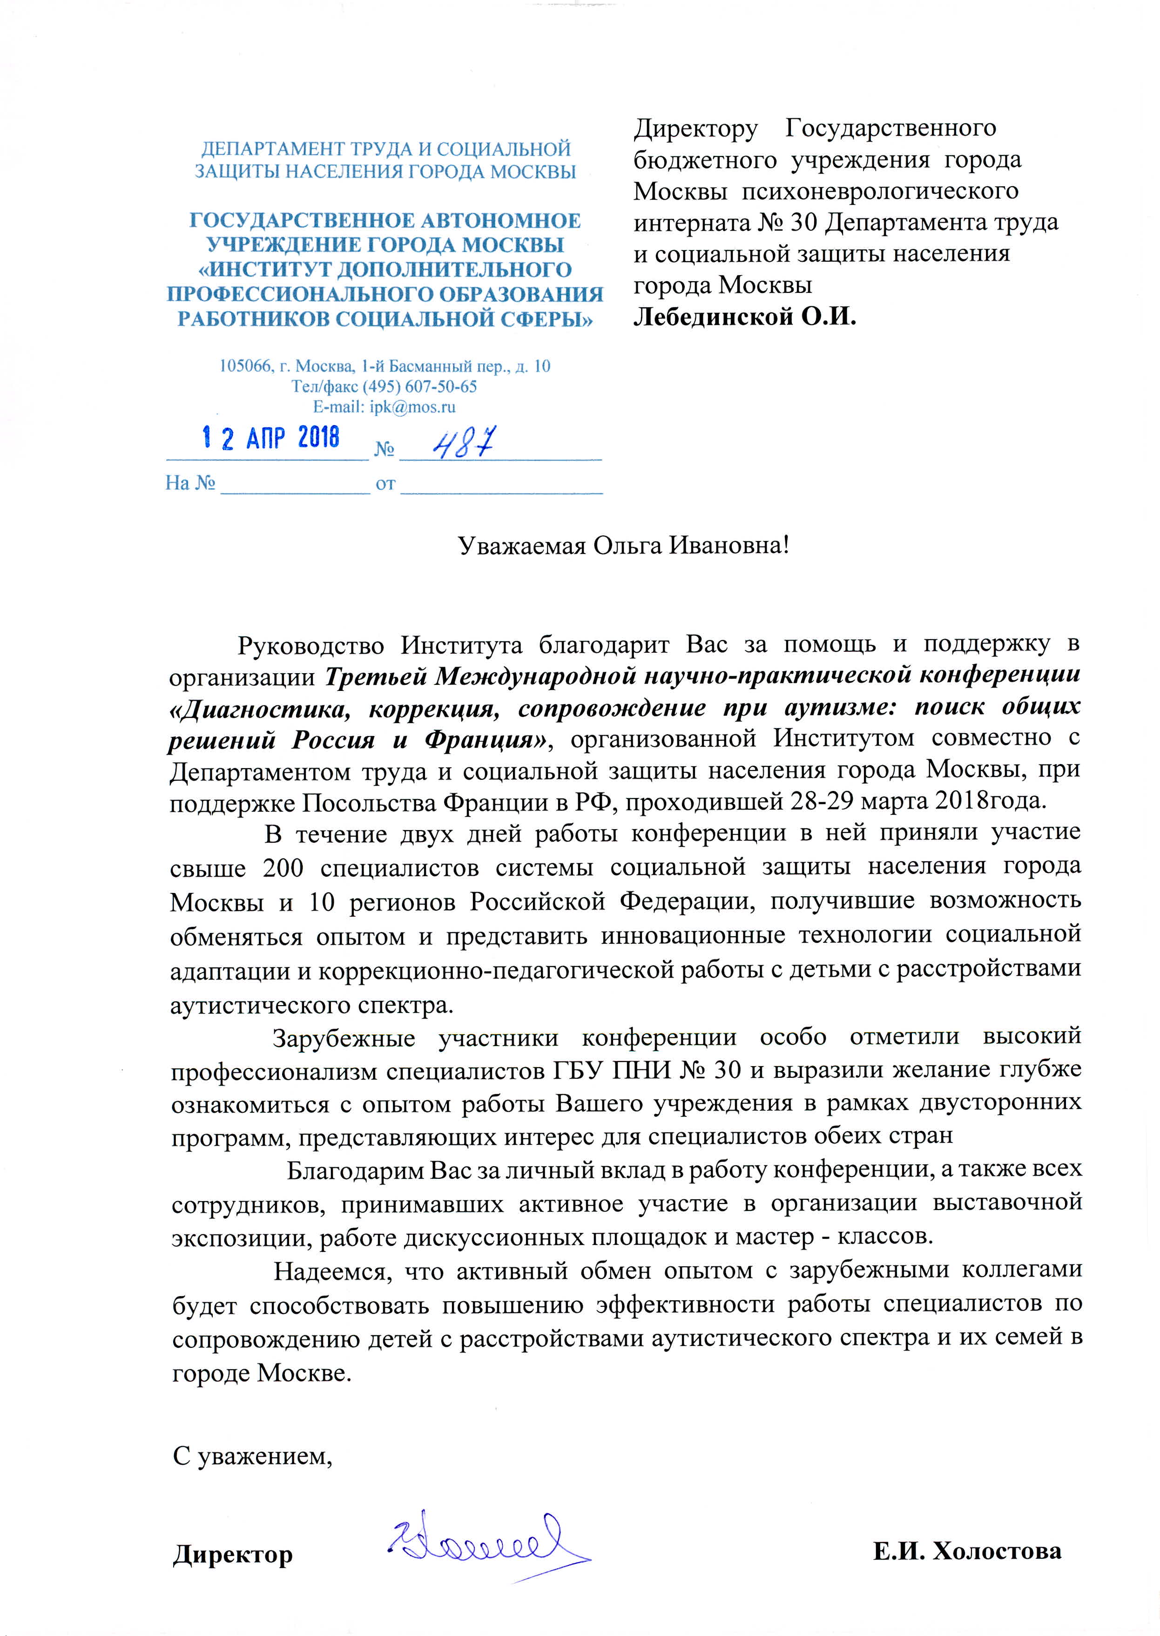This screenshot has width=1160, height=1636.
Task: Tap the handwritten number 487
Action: pos(464,443)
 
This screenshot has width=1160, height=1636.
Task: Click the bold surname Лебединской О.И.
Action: pos(744,316)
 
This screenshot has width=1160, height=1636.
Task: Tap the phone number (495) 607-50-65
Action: pos(419,386)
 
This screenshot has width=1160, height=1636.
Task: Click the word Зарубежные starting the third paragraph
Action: pos(344,1037)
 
